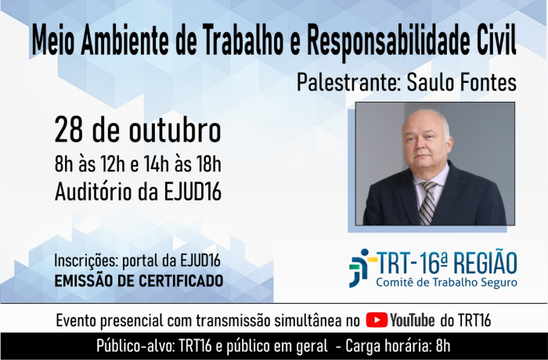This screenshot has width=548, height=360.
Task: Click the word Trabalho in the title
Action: [x=243, y=40]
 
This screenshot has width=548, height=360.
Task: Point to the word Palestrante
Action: [x=348, y=83]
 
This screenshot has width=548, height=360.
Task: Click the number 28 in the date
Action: [x=69, y=131]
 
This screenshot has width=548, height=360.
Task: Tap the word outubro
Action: [x=175, y=131]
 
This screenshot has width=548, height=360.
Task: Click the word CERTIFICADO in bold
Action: [x=182, y=281]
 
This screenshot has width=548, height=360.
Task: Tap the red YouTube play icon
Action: [x=377, y=320]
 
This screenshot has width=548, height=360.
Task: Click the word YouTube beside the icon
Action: [x=413, y=320]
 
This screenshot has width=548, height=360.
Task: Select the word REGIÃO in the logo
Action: [x=486, y=263]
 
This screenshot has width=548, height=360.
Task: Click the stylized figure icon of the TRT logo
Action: [x=362, y=268]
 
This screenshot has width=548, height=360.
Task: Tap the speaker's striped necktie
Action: [x=427, y=203]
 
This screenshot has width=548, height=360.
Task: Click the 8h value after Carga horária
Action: [x=443, y=346]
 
